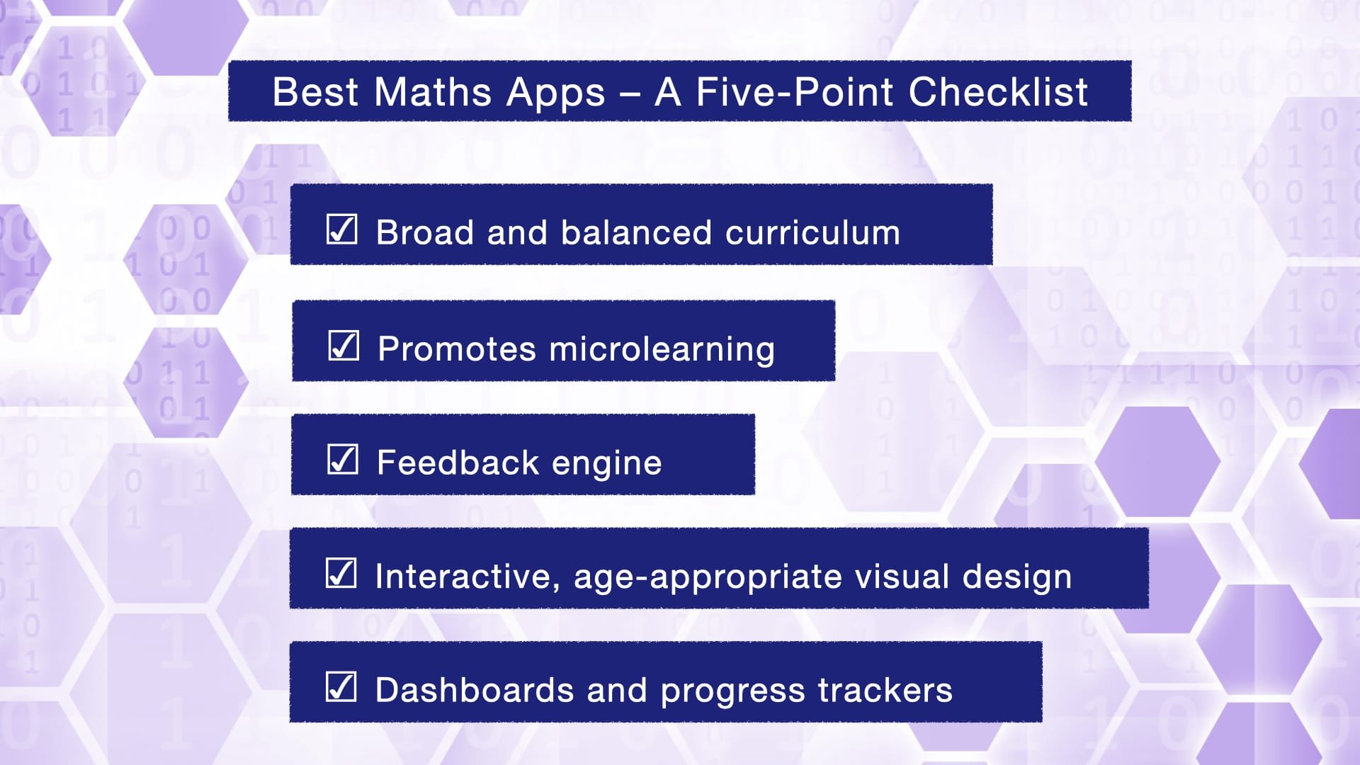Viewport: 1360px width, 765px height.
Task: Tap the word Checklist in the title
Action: coord(998,92)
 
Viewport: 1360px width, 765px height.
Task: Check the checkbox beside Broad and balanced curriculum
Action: coord(342,229)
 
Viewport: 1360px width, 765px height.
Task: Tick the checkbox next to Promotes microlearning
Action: coord(344,346)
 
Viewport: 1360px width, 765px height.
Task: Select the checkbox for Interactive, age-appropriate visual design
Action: coord(341,573)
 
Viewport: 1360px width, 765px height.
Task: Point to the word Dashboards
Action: coord(475,690)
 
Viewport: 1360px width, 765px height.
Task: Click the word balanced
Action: coord(636,232)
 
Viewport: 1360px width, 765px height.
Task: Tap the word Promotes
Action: coord(457,348)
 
